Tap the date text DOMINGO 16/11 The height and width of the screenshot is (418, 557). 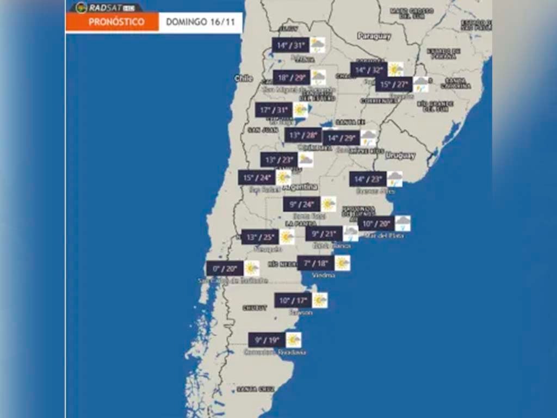(x=200, y=22)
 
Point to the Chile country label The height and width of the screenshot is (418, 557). (x=243, y=78)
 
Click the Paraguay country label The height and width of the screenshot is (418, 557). (x=374, y=36)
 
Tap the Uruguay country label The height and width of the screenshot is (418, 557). (x=400, y=156)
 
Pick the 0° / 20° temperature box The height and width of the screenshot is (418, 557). (x=225, y=268)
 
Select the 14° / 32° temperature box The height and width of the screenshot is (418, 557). (x=368, y=70)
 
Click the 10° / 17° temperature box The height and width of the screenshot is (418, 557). (x=293, y=300)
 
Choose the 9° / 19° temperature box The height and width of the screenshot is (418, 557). (x=267, y=340)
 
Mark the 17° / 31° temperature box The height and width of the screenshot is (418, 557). (x=274, y=110)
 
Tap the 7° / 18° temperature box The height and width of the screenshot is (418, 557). (x=315, y=263)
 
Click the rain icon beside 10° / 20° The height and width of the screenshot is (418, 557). (x=403, y=223)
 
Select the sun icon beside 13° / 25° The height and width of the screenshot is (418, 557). (x=287, y=237)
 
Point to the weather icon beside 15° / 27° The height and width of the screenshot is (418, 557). (x=421, y=84)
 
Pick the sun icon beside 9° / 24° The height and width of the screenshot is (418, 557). (x=329, y=204)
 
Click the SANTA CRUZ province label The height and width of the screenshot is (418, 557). (x=255, y=389)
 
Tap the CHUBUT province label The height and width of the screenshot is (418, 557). (x=255, y=308)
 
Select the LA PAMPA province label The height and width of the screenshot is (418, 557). (x=298, y=224)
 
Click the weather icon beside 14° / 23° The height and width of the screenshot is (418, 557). (x=395, y=179)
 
